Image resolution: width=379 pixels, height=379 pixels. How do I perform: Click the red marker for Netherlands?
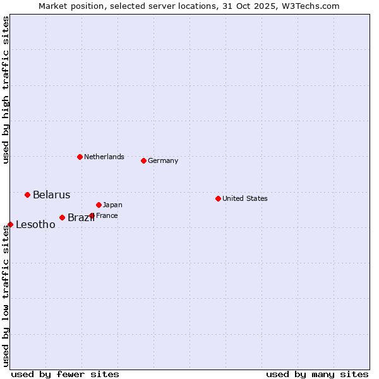80,157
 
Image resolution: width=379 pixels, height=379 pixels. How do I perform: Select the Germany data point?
143,160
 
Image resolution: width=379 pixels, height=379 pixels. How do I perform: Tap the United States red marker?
218,198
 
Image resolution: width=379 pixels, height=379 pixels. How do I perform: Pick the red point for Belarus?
27,195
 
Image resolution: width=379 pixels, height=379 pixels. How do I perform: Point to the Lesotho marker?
10,224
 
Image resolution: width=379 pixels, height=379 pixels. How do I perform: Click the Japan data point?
99,205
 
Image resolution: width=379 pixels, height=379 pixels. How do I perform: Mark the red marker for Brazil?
62,217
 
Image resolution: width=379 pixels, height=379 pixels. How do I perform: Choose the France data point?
92,215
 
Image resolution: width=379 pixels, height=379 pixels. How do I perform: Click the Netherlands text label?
104,157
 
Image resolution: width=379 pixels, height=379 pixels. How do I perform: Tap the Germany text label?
163,160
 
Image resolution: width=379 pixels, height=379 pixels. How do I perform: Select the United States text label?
245,198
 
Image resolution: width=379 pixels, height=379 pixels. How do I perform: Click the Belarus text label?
51,195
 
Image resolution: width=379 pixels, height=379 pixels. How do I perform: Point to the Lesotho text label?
35,224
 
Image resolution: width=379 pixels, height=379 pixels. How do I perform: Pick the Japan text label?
112,205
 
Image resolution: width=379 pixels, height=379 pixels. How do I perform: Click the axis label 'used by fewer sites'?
65,374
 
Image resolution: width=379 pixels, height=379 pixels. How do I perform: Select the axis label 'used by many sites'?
317,374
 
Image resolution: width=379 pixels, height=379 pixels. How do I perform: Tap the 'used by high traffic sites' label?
6,90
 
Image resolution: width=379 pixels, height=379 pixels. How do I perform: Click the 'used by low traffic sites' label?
6,296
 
